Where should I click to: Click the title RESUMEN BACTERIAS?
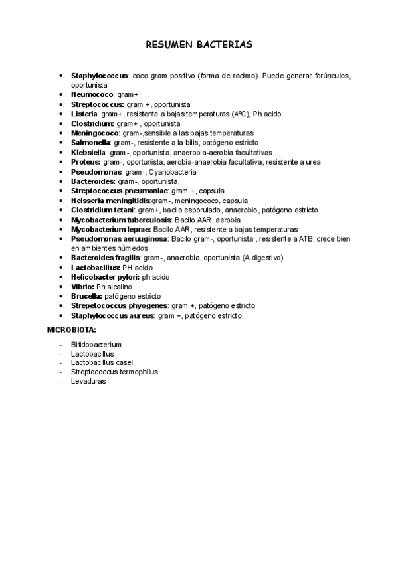[199, 45]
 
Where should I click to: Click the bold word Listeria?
[84, 114]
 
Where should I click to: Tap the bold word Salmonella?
[90, 143]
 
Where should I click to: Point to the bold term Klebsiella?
[89, 152]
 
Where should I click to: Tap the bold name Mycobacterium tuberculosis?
[121, 220]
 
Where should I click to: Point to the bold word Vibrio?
[82, 286]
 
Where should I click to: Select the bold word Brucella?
[86, 296]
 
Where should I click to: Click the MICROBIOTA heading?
[72, 329]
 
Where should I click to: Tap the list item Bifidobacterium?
[96, 345]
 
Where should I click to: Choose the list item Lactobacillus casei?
[102, 363]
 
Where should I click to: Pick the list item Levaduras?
[88, 382]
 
